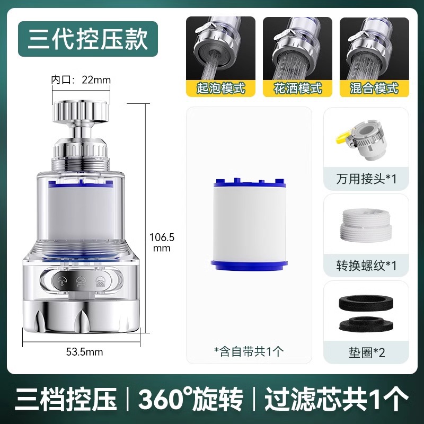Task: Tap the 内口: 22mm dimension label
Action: [x=81, y=80]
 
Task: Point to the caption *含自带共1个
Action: [x=249, y=350]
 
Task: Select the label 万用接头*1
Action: [x=366, y=178]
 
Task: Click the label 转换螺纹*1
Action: [x=366, y=264]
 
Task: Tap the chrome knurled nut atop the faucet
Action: [x=80, y=110]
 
